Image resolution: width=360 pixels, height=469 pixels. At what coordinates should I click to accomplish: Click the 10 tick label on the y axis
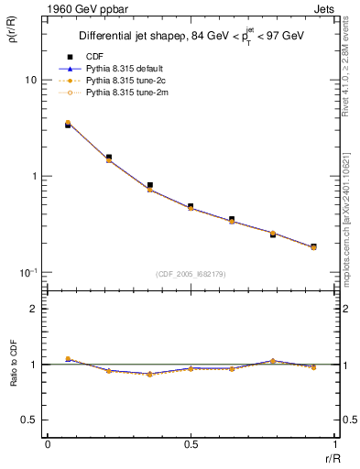[x=29, y=80]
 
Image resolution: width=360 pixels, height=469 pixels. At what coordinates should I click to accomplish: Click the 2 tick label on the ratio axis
[x=33, y=310]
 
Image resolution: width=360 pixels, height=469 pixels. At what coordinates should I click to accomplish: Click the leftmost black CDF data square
[x=68, y=125]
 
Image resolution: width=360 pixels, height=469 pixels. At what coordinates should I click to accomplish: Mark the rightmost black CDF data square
[x=313, y=246]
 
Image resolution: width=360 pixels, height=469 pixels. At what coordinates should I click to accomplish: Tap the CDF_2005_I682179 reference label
[x=190, y=273]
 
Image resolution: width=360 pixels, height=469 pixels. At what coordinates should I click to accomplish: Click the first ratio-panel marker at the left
[x=68, y=359]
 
